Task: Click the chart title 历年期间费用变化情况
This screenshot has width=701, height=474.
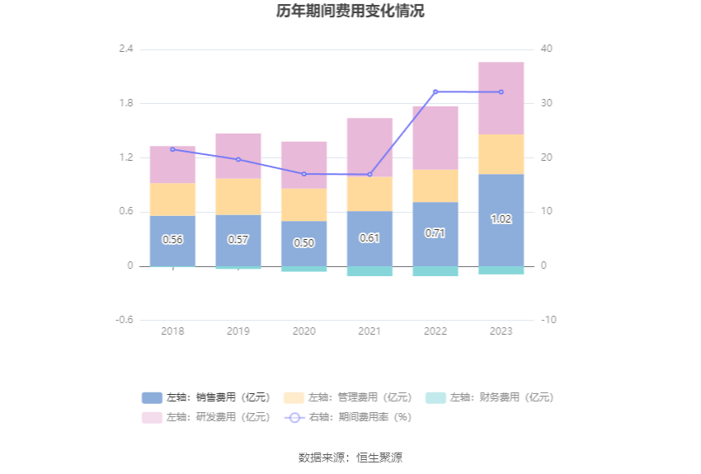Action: tap(350, 12)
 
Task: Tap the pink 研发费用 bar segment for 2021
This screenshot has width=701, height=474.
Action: tap(369, 147)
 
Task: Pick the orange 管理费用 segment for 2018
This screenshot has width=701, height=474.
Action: tap(172, 199)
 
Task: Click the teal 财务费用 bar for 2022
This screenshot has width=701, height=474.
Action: tap(435, 270)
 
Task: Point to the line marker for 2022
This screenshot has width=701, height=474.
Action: tap(435, 92)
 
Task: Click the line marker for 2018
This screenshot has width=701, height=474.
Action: tap(172, 149)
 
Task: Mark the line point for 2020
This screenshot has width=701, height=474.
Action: tap(303, 174)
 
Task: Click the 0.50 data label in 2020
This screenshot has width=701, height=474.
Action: tap(303, 243)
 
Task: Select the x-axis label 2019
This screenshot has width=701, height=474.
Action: tap(238, 331)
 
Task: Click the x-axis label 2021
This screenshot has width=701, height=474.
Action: tap(369, 331)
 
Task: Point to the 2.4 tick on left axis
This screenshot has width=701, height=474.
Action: tap(125, 49)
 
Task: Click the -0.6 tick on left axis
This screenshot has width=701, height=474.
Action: tap(124, 320)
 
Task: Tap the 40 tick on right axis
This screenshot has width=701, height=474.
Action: tap(546, 49)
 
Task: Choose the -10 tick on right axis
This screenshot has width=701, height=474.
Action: tap(548, 320)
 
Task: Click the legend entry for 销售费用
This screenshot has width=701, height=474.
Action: tap(206, 397)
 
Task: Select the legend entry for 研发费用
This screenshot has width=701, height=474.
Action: tap(206, 417)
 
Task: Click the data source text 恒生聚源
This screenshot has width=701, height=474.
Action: tap(379, 458)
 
